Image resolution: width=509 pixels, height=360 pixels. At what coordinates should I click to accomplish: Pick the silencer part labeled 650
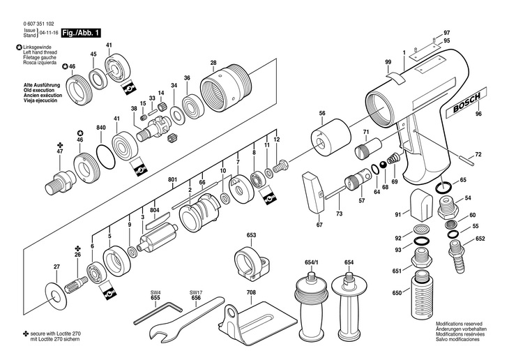coord(420,293)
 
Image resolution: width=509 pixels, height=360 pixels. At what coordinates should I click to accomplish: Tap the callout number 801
coord(173,181)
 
